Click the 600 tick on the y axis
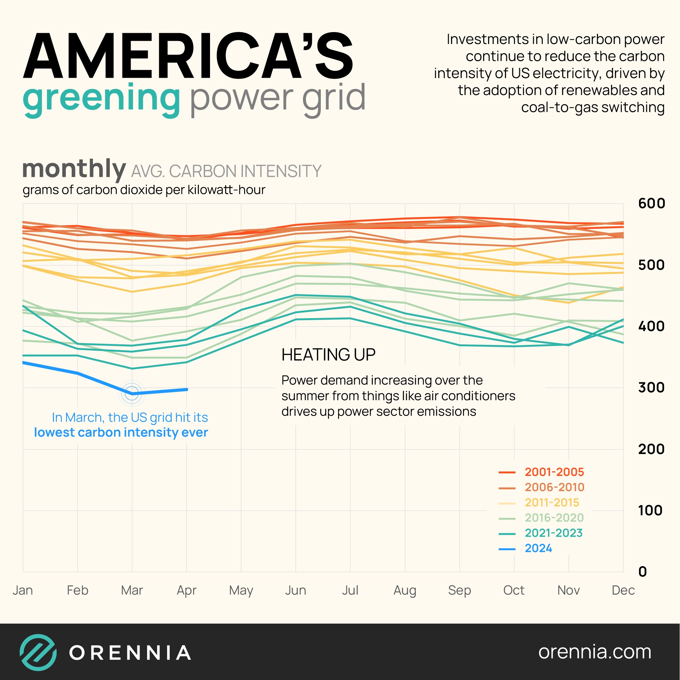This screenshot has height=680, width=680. (x=652, y=203)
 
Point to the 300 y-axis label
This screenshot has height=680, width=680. (x=651, y=388)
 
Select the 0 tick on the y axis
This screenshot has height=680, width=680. (x=642, y=572)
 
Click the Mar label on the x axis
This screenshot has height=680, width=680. (x=132, y=590)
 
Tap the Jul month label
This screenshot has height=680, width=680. (x=350, y=590)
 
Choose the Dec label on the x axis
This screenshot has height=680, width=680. (x=623, y=590)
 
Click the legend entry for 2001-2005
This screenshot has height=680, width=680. (x=554, y=472)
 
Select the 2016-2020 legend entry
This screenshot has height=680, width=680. (x=554, y=518)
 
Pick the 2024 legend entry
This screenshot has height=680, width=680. (x=538, y=548)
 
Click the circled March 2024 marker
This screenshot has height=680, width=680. (x=132, y=393)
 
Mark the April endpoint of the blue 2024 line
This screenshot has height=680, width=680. (x=187, y=389)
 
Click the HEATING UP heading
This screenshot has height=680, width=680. (x=328, y=355)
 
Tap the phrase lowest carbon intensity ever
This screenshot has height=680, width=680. (x=121, y=432)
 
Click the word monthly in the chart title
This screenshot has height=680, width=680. (x=74, y=169)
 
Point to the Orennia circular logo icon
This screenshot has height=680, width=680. (x=38, y=652)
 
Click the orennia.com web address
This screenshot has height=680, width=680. (x=594, y=652)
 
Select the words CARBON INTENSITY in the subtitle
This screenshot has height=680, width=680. (x=245, y=171)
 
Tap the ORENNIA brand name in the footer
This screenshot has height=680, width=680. (x=130, y=653)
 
